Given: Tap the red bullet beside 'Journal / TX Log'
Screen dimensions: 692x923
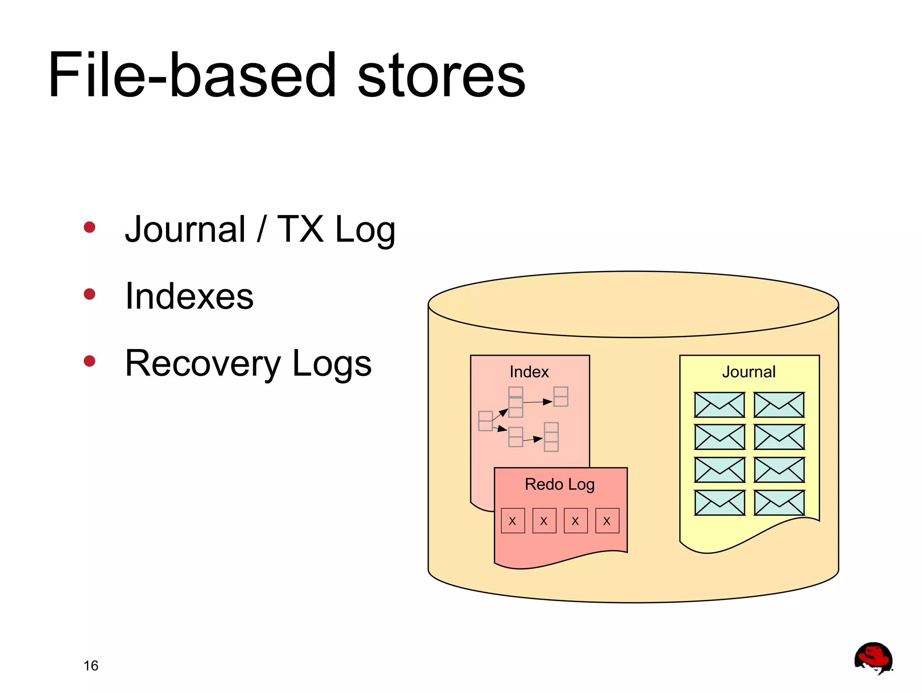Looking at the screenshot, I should pos(90,227).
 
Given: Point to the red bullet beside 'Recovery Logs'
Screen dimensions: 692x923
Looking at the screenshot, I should pos(90,361).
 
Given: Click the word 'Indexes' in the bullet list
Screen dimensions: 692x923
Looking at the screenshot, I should pos(189,296).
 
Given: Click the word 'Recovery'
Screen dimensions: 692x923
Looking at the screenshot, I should pos(203,363).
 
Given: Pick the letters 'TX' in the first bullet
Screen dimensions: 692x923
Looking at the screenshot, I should pos(300,229).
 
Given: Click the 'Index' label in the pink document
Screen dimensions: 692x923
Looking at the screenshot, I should pos(529,372).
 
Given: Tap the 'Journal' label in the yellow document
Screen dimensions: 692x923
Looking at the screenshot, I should pos(749,372).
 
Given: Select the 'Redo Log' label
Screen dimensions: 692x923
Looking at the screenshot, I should pos(560,485).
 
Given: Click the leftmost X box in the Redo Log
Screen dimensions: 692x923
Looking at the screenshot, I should pos(513,521).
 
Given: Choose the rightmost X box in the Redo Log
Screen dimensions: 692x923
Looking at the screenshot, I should pos(607,521).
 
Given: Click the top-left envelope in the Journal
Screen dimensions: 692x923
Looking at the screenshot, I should pos(719,405).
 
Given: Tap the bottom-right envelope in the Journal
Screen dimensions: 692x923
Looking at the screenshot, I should pos(779,503).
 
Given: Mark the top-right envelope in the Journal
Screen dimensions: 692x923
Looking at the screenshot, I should pos(779,405).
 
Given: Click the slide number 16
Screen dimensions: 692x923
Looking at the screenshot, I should pos(91,666).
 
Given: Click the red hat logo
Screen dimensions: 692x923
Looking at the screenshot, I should pos(873,658).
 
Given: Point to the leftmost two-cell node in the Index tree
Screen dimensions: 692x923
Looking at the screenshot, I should pos(485,421).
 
